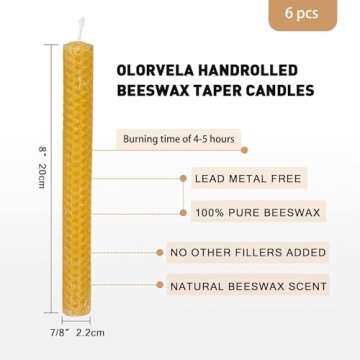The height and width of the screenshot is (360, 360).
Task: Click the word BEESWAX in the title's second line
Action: coord(152,91)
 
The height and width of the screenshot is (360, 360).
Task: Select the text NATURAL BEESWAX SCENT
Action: coord(248,286)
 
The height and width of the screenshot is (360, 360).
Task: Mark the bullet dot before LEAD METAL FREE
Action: coord(183,178)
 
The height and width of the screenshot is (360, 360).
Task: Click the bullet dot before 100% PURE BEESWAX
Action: coord(183,213)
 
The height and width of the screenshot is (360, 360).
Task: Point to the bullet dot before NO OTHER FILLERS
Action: coord(159,251)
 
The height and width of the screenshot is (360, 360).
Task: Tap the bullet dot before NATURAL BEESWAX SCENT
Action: coord(159,286)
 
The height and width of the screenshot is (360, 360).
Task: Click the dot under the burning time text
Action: coord(245,150)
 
